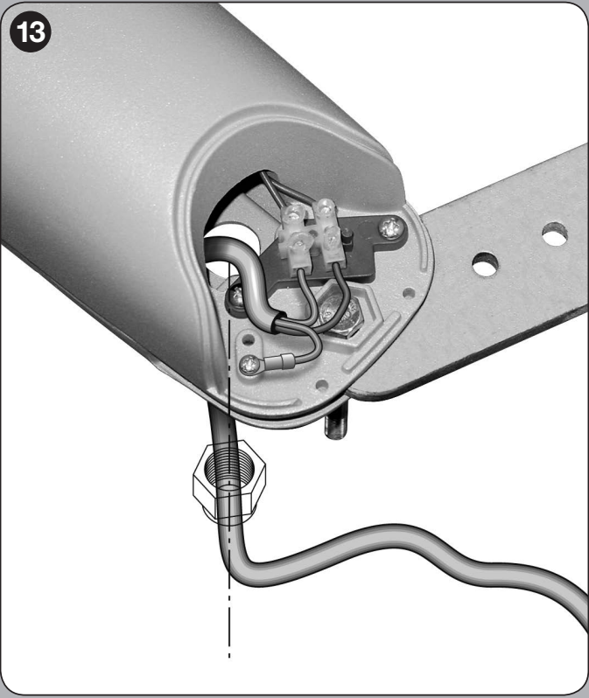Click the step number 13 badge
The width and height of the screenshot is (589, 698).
(x=31, y=31)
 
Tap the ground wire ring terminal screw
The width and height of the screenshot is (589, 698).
(x=250, y=365)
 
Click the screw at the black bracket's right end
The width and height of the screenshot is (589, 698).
(x=390, y=228)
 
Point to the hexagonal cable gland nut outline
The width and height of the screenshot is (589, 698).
(x=229, y=480)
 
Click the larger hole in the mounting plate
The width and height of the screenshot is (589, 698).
(x=485, y=264)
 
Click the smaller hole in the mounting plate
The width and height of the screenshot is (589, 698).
(x=555, y=234)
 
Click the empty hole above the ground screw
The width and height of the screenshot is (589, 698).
(x=249, y=341)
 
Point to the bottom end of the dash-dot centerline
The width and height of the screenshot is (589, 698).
(x=229, y=656)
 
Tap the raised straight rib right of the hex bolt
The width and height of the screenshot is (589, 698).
(x=375, y=339)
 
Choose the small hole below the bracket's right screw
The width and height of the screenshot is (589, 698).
(x=408, y=293)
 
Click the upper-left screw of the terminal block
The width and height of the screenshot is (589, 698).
(x=293, y=213)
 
